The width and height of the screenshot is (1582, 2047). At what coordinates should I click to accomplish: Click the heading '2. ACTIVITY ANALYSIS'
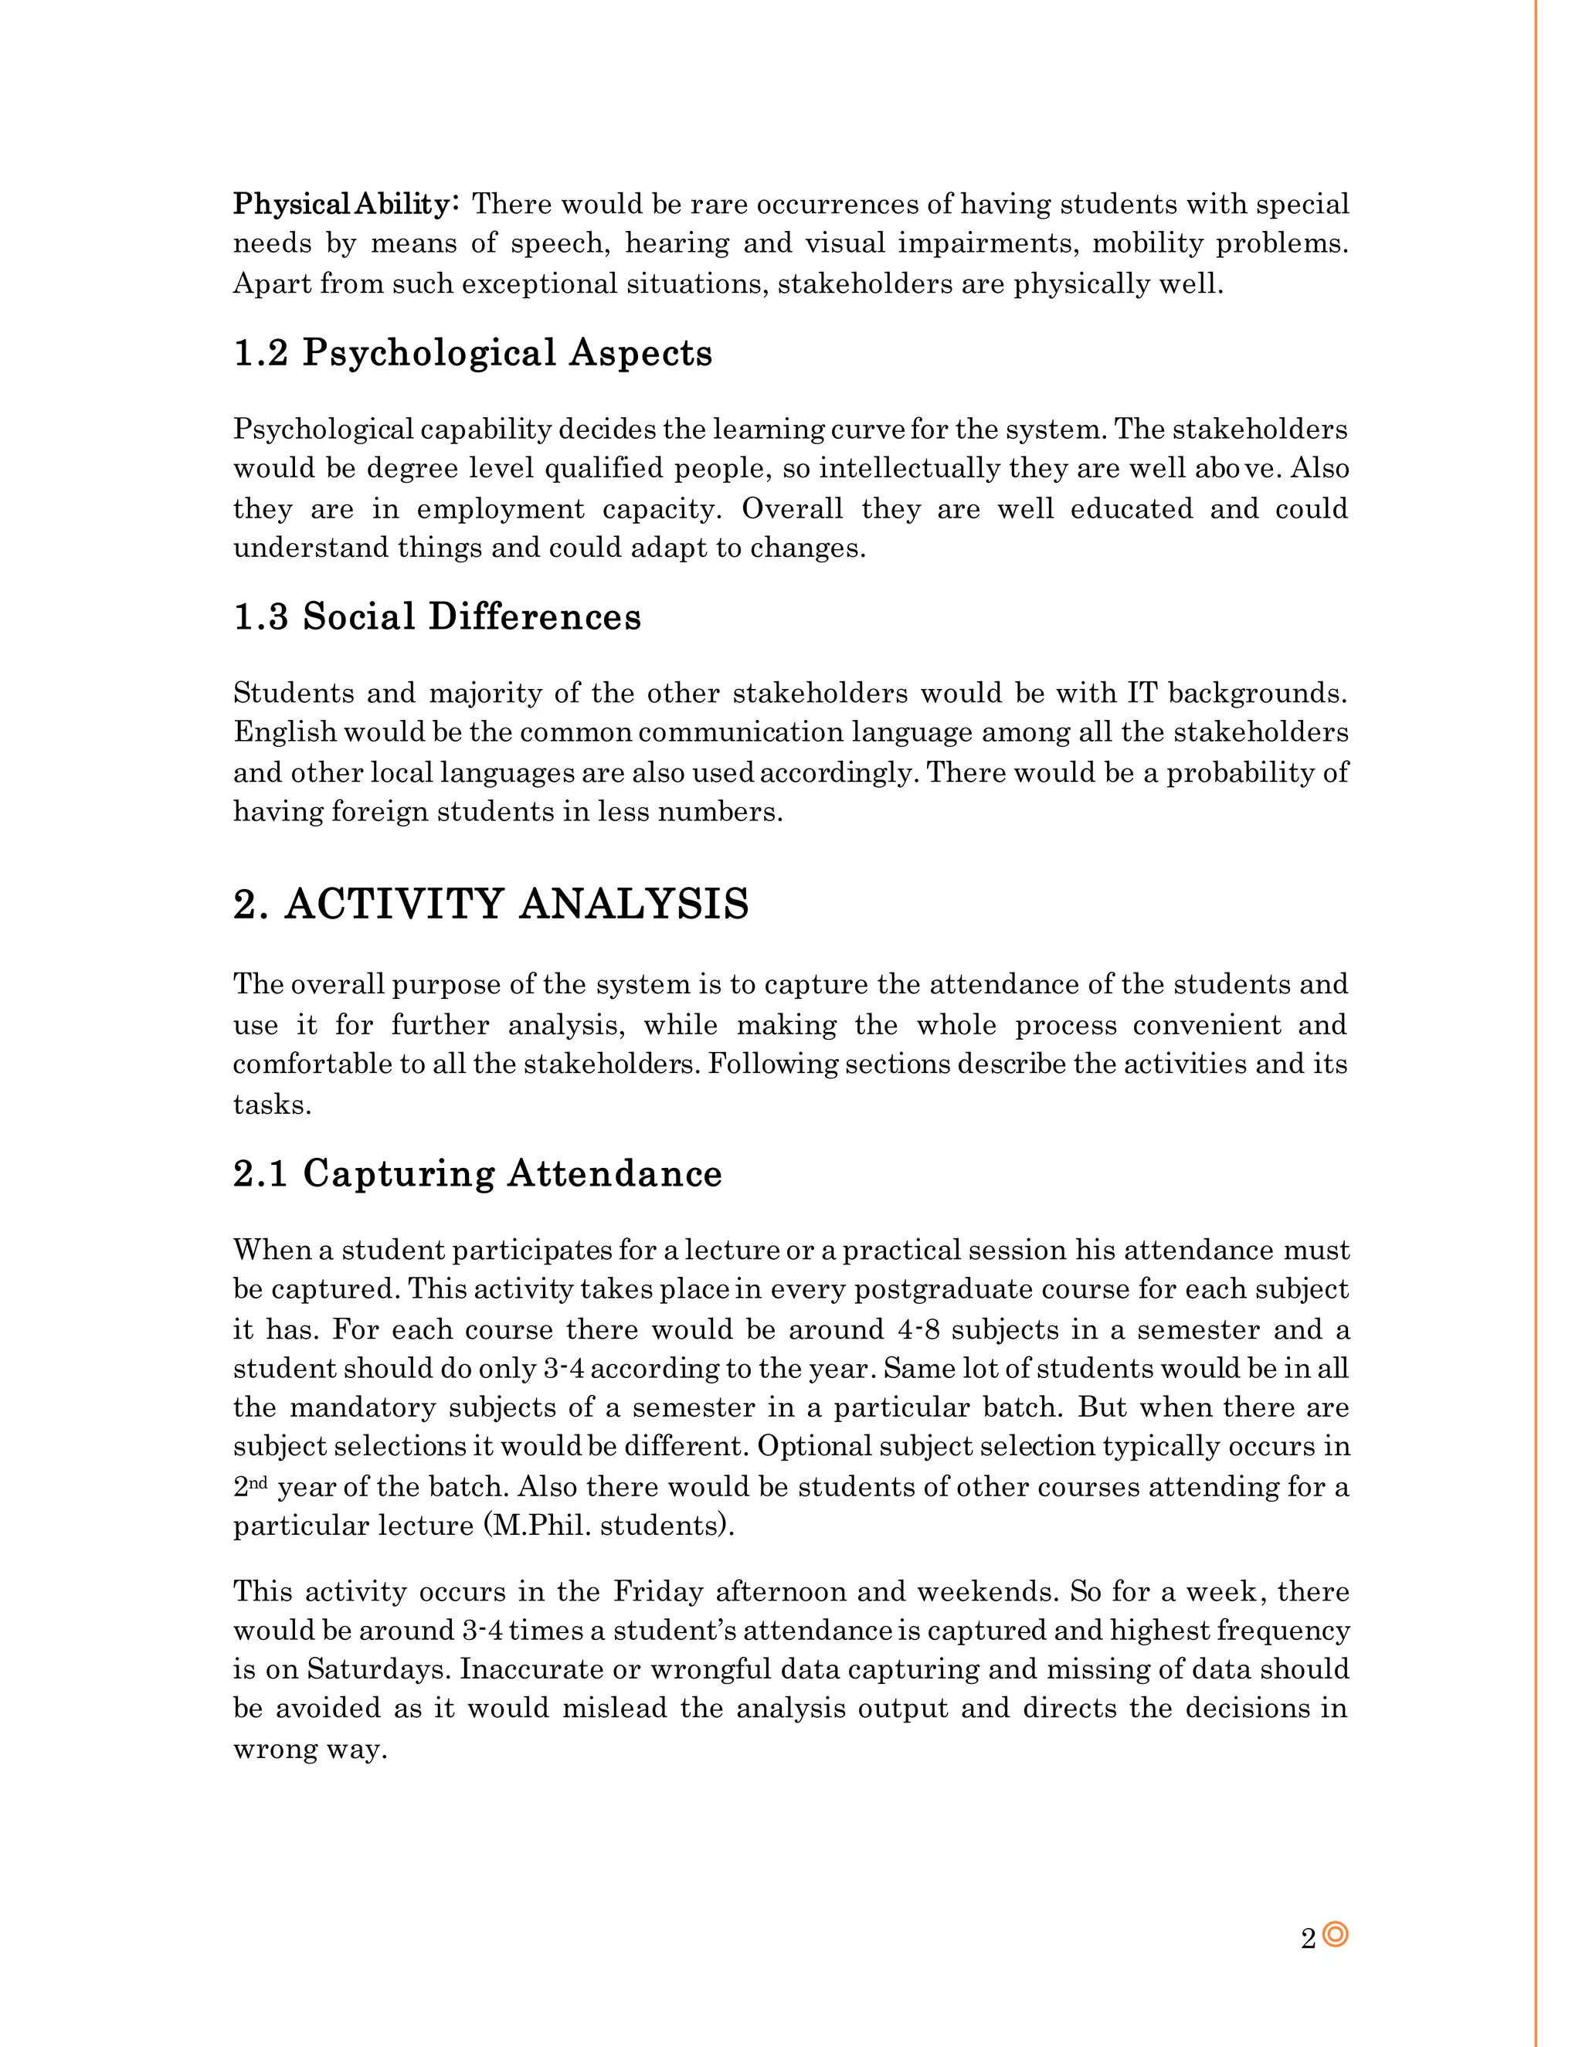(491, 905)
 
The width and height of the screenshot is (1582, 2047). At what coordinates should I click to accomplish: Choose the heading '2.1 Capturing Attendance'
(477, 1173)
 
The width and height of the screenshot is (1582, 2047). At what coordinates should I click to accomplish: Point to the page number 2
(1309, 1938)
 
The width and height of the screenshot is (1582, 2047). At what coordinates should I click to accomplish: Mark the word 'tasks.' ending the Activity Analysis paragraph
(272, 1104)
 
